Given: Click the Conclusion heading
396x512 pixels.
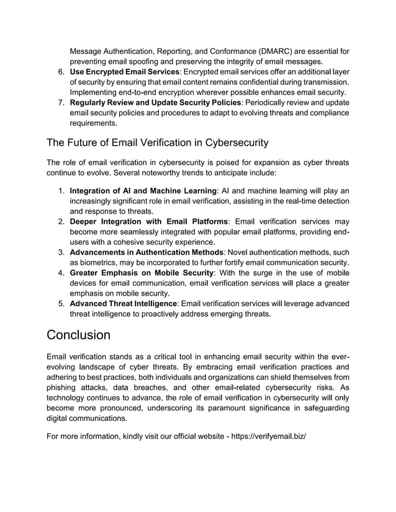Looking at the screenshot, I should tap(78, 335).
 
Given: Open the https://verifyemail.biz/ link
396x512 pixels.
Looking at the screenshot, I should tap(269, 436).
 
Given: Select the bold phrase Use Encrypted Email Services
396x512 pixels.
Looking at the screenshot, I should tap(124, 73).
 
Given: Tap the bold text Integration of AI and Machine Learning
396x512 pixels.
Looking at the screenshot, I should tap(143, 190).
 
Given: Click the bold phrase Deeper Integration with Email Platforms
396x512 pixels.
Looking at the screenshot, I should tap(149, 221).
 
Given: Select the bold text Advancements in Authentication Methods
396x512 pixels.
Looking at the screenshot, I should tap(146, 252).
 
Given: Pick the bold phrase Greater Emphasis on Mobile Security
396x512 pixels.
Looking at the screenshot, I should tap(142, 273).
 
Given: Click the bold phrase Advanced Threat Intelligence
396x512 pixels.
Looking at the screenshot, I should tap(124, 304).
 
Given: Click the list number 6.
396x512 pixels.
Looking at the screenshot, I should tap(61, 73).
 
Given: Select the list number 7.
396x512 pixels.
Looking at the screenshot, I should tap(61, 102).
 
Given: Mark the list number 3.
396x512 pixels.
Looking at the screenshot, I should tap(61, 252).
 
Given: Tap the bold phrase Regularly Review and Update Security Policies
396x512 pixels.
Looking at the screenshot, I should tap(155, 102).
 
